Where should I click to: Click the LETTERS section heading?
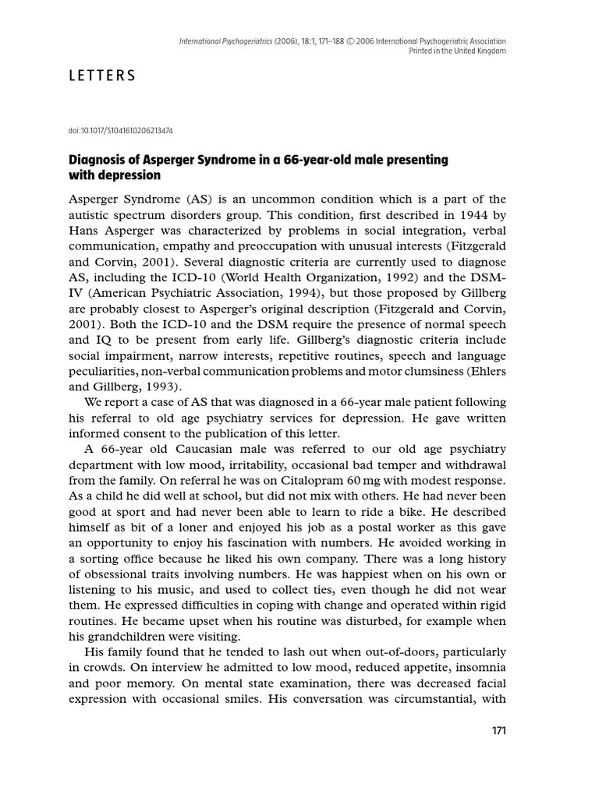click(104, 76)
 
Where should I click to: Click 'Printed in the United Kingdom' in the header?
click(457, 51)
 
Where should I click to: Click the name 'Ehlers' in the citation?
click(484, 371)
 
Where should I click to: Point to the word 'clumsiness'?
click(431, 371)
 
